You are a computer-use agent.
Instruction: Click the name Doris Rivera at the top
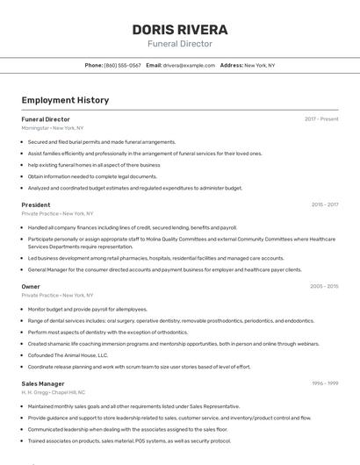180,30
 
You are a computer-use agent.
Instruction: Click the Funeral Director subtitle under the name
180,44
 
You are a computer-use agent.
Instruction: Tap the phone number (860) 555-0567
122,65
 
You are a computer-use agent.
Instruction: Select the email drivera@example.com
189,65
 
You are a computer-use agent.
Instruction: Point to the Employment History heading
65,100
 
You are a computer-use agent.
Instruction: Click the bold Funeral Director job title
46,118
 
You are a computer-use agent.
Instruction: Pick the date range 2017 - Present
321,118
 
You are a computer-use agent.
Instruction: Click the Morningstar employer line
53,127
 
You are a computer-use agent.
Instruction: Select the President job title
36,204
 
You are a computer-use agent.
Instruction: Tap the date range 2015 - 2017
325,204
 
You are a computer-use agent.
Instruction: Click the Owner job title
31,286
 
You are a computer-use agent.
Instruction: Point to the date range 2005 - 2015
324,286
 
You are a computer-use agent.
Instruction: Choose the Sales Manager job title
43,383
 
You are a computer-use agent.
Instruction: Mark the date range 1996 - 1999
325,383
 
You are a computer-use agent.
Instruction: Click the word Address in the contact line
231,65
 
